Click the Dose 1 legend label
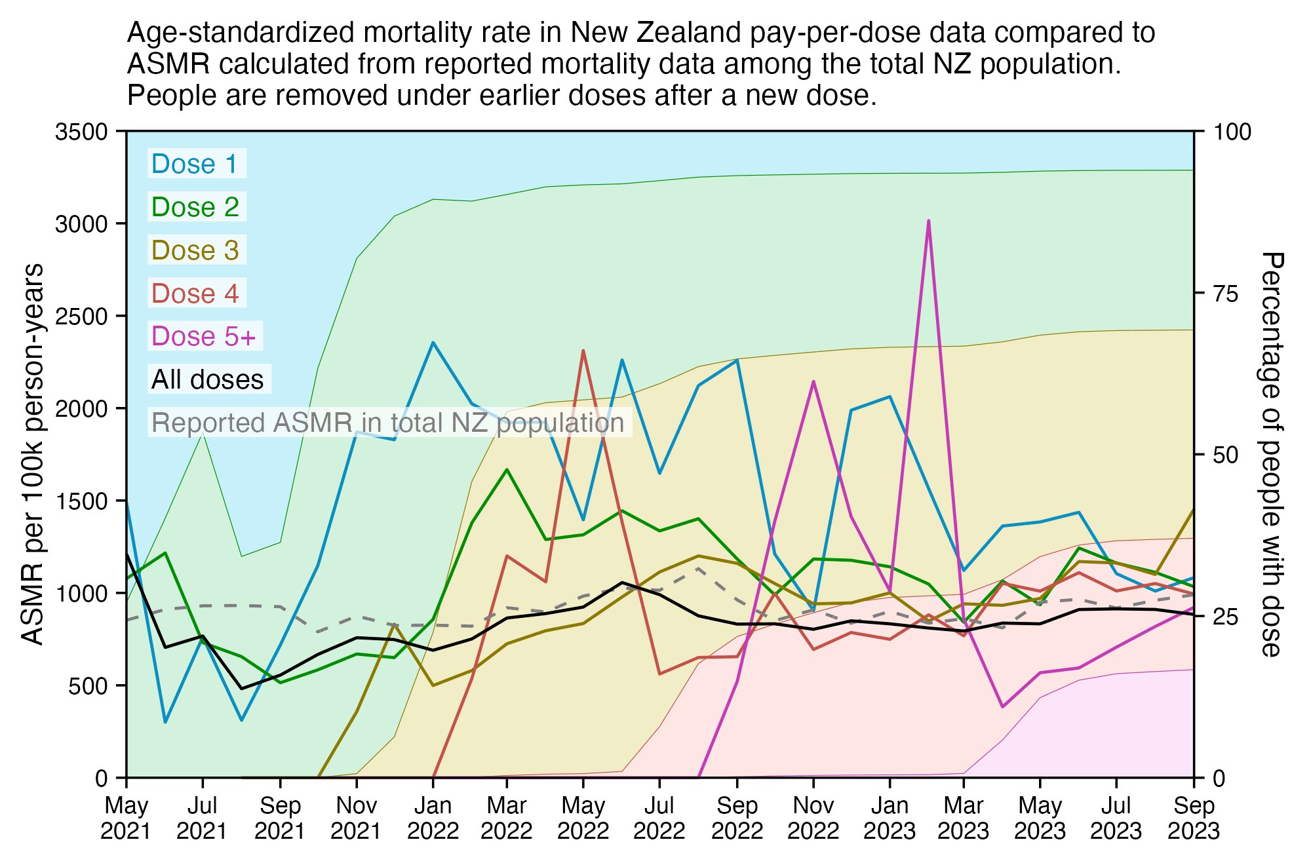tap(194, 164)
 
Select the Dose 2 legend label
tap(195, 207)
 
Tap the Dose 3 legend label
tap(195, 250)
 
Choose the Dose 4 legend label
tap(195, 294)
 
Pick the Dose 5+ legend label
tap(204, 336)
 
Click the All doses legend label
tap(208, 379)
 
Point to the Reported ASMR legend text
tap(387, 423)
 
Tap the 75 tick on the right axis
tap(1226, 294)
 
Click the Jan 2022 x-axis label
tap(433, 818)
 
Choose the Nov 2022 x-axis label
tap(813, 818)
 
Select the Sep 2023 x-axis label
tap(1194, 818)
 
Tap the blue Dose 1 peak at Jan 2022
tap(433, 342)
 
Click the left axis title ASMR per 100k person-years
tap(32, 454)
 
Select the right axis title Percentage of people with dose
tap(1270, 454)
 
